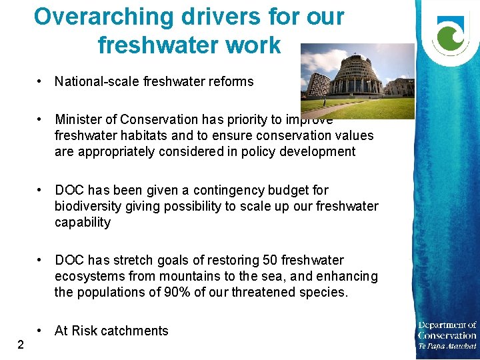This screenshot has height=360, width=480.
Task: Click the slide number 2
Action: tap(21, 345)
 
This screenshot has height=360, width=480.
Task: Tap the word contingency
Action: tap(236, 191)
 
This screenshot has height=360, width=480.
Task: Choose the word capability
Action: tap(83, 223)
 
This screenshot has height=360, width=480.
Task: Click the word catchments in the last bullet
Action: tap(135, 331)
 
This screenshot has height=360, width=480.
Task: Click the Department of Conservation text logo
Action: tap(447, 335)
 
